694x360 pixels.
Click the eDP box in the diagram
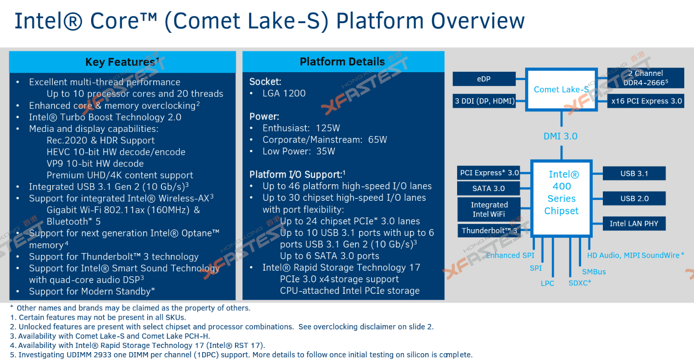coord(483,79)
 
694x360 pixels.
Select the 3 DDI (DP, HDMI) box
coord(484,101)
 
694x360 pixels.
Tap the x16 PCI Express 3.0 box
coord(645,101)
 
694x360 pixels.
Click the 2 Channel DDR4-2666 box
coord(645,78)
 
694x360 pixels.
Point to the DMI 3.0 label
coord(560,136)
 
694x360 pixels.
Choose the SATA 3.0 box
coord(489,188)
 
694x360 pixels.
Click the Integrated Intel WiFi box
coord(489,209)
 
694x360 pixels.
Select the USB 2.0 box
coord(634,199)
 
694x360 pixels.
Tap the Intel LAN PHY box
coord(634,223)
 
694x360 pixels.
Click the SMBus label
coord(594,272)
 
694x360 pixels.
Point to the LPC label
coord(547,283)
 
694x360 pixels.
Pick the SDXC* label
coord(580,283)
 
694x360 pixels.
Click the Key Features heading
coord(122,62)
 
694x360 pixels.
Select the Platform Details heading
coord(342,62)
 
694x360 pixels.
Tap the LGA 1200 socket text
coord(284,93)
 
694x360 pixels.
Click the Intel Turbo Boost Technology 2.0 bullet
coord(105,117)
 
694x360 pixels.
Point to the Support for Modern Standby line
coord(92,292)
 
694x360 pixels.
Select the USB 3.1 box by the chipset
coord(634,174)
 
